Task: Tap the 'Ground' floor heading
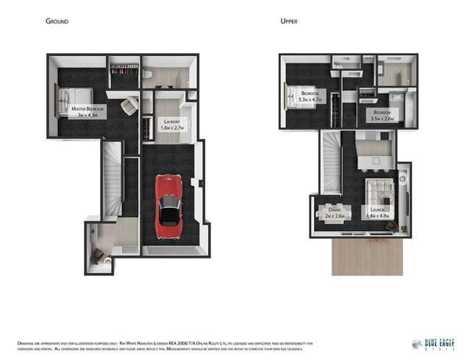57,21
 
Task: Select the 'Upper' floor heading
289,21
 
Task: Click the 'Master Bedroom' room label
88,109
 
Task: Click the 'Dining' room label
335,211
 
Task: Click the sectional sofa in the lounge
380,193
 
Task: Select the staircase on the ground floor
112,179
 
